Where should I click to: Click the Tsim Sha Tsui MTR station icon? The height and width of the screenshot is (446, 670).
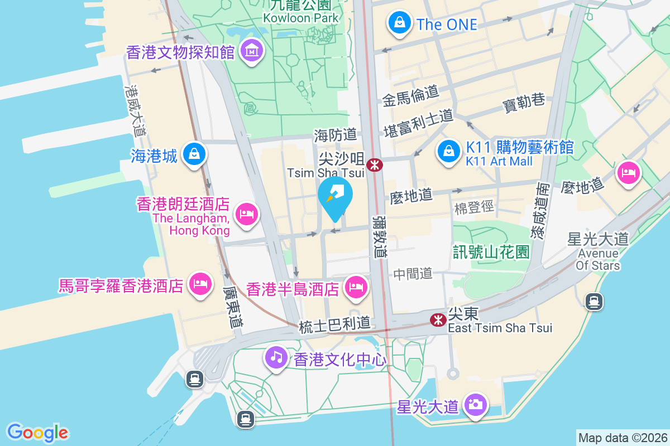tap(374, 164)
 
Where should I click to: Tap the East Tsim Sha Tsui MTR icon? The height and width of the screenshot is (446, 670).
tap(438, 319)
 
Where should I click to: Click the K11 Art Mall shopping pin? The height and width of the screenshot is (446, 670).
tap(448, 150)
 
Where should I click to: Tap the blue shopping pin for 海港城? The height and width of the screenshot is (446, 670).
tap(194, 153)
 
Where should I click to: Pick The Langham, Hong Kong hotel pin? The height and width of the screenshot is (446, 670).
tap(246, 214)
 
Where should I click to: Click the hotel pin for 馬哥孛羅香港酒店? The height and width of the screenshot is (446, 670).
tap(200, 284)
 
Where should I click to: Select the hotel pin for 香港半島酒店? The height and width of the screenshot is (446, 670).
tap(356, 287)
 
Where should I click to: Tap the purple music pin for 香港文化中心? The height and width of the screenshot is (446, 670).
tap(276, 355)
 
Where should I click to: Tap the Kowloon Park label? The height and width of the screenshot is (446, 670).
tap(301, 17)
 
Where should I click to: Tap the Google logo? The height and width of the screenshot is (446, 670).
tap(38, 433)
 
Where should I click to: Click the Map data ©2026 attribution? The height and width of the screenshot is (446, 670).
tap(623, 438)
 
